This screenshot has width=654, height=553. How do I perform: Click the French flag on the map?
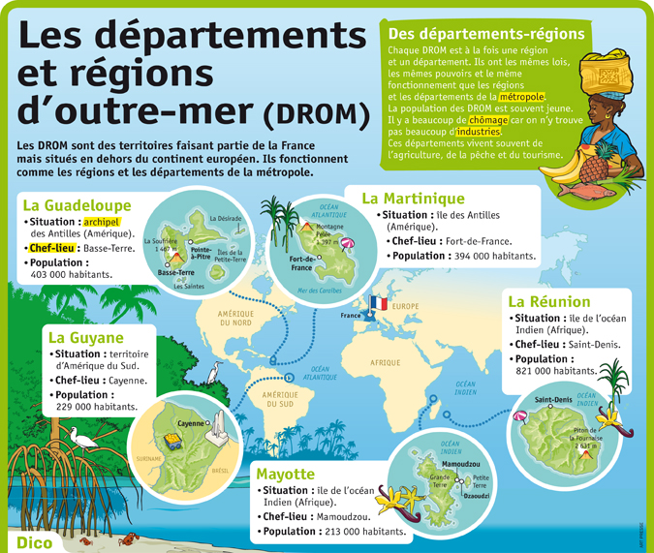378,305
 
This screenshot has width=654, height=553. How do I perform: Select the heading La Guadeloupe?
77,205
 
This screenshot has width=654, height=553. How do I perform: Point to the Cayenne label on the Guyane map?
193,424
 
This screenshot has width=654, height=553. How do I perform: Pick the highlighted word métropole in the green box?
522,96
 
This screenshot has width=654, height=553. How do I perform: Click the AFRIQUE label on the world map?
384,362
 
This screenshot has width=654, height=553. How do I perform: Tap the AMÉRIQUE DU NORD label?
235,318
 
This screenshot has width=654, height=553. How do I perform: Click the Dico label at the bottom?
34,540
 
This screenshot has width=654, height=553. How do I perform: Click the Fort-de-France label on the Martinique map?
303,263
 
